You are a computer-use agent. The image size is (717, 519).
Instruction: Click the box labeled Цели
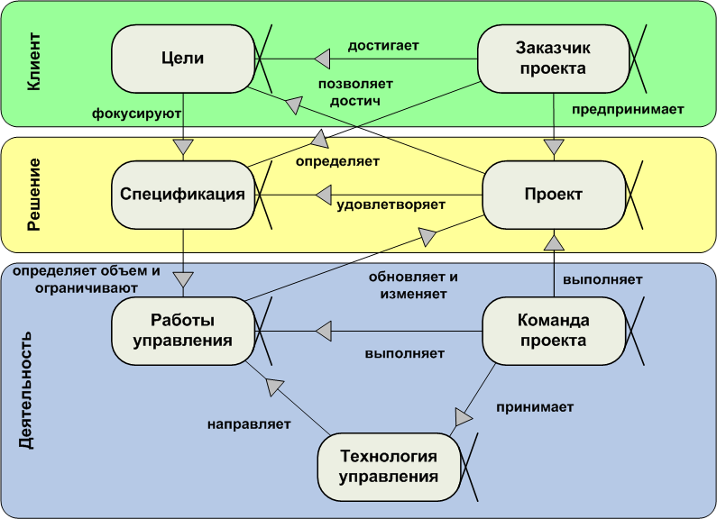tap(183, 59)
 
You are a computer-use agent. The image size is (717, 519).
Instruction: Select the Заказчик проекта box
tap(552, 59)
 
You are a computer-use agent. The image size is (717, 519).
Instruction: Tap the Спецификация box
tap(183, 195)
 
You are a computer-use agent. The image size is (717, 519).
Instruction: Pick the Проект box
tap(554, 195)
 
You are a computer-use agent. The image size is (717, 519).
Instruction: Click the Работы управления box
tap(183, 330)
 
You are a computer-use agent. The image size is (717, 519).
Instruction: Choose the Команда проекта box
tap(554, 330)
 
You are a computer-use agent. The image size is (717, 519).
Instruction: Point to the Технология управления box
tap(389, 466)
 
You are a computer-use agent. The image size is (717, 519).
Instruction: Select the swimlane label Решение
tap(33, 195)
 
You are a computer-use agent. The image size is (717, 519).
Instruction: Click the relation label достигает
tap(383, 43)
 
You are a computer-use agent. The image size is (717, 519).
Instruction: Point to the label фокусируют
tap(138, 114)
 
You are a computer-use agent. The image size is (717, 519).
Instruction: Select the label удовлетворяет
tap(391, 205)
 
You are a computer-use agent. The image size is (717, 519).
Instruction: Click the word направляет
tap(249, 423)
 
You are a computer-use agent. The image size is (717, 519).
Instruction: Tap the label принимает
tap(535, 406)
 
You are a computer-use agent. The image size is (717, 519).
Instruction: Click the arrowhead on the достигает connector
tap(323, 59)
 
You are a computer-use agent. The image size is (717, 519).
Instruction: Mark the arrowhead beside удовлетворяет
tap(323, 195)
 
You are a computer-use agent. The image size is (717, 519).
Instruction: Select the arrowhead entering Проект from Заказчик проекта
tap(554, 146)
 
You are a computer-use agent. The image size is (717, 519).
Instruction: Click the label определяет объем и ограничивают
tap(87, 278)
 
